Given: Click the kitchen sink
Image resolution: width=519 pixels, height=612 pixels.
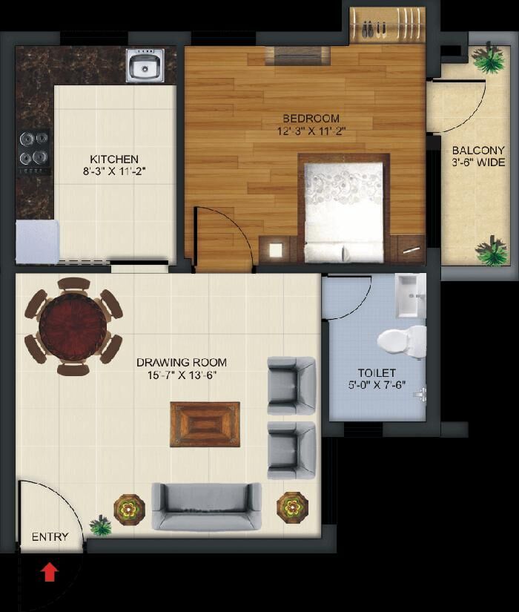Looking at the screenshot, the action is point(145,65).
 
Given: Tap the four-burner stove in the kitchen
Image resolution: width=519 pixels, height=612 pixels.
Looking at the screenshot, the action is point(34,152).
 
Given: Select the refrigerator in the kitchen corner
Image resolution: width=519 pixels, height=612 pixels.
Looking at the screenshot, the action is point(38,242).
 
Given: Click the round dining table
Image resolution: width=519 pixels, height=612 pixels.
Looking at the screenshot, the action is point(73,326).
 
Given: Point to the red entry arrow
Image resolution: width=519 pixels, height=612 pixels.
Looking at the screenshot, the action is point(50,572).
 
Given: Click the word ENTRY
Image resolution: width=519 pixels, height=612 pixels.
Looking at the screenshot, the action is point(50,537).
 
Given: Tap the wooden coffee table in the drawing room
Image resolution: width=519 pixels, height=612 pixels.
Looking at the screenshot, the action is point(205,424).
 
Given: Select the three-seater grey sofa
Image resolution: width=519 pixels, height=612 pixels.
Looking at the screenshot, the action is point(206,507).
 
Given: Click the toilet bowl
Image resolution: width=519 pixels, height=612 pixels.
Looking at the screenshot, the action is point(402,342).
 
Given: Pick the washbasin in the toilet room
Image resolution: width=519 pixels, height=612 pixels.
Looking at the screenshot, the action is point(410,295).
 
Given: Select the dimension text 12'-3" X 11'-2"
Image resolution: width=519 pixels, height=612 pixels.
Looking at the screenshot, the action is point(311,131).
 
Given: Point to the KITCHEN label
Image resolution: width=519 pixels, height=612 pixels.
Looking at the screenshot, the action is point(114,159).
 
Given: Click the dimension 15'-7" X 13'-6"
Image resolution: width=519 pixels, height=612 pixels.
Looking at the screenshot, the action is point(182,375).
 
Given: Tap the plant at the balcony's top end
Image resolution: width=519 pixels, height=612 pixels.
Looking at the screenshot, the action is point(488,58).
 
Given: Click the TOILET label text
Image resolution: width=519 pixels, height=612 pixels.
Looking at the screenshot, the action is point(377,372).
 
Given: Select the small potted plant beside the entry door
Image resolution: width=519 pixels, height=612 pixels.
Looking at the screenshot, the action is point(101,525).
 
